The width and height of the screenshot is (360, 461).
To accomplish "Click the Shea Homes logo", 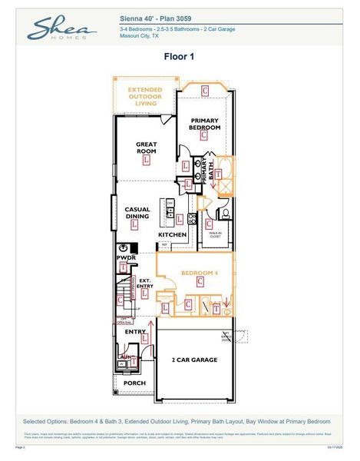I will click(62, 29).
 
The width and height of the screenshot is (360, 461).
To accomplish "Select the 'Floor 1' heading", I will click(180, 56).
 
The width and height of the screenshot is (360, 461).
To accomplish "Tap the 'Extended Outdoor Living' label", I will click(146, 98).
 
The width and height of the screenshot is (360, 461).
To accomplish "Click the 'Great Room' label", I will click(146, 147).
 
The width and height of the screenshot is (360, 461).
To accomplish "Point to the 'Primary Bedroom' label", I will click(205, 124).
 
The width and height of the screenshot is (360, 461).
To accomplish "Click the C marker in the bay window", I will click(205, 91).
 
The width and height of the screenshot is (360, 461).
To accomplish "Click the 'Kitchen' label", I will click(172, 234).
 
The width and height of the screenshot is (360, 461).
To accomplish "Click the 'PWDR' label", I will click(126, 258).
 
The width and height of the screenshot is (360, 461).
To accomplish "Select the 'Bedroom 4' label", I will click(200, 273).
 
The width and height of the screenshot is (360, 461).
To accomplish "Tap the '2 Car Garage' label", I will click(193, 360).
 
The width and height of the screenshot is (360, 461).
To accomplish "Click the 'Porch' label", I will click(134, 382).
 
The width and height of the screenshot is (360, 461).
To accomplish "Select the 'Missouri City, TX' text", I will click(140, 35).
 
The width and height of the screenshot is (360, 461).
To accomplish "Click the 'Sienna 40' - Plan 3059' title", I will click(157, 16).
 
